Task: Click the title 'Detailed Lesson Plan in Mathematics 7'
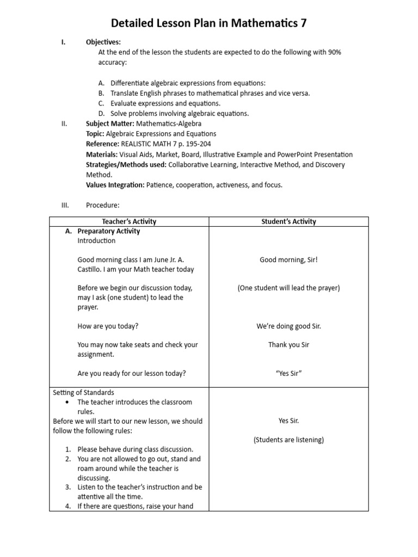[209, 23]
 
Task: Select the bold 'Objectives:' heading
[103, 42]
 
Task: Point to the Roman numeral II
[64, 123]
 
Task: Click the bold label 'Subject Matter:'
[110, 123]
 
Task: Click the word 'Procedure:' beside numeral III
[102, 205]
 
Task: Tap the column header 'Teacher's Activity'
[129, 221]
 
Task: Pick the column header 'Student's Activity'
[288, 221]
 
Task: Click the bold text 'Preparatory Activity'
[109, 231]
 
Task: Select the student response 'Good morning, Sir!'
[288, 260]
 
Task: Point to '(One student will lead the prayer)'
[288, 288]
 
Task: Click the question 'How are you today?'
[108, 326]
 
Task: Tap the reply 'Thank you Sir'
[288, 345]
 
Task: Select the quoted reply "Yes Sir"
[288, 373]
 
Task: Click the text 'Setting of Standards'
[83, 392]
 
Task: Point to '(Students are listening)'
[288, 440]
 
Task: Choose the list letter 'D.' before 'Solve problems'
[101, 114]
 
